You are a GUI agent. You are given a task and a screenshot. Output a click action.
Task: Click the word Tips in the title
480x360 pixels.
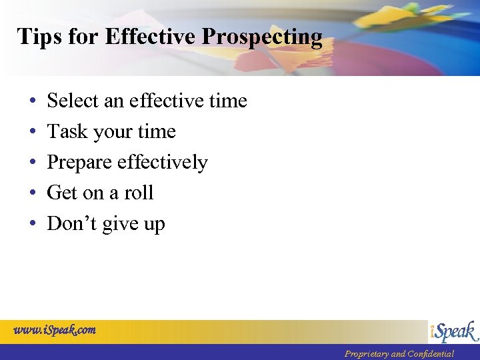tap(39, 37)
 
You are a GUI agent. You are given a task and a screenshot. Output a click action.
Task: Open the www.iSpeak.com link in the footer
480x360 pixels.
tap(55, 329)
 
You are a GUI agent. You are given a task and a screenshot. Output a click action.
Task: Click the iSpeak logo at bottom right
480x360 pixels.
tap(453, 331)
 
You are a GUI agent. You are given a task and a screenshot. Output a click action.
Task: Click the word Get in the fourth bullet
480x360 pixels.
tap(63, 193)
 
